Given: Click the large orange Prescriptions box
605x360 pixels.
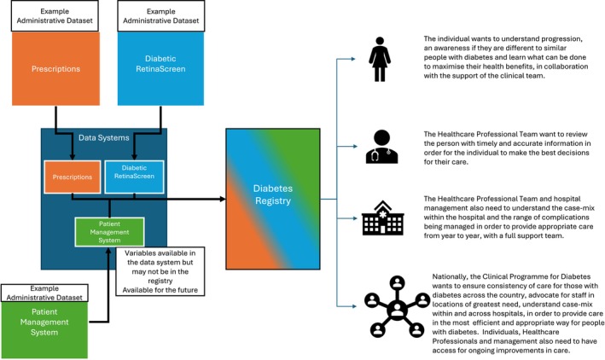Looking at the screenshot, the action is (x=55, y=69).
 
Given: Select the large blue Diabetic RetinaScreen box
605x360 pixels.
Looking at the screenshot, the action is (x=160, y=68).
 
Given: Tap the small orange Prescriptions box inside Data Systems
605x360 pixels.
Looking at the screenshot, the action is (x=73, y=177).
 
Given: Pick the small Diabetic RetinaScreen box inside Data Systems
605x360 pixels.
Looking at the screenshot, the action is (x=134, y=177).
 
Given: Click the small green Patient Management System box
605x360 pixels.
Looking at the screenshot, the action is (x=109, y=232).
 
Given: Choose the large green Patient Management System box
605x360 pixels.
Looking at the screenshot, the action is (x=44, y=330).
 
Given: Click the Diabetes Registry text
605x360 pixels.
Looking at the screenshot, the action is (x=273, y=195).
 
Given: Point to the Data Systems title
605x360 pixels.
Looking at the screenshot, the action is (x=104, y=137).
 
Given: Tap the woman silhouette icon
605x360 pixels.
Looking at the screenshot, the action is (x=380, y=59).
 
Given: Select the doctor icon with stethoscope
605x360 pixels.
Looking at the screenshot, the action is (x=381, y=147).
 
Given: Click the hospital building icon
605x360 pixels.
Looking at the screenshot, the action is (x=383, y=218).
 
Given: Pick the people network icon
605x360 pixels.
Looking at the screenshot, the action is (x=397, y=306).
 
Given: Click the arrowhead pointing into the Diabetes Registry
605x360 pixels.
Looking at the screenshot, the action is (x=223, y=199).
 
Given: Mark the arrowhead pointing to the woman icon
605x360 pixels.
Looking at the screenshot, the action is (x=353, y=59).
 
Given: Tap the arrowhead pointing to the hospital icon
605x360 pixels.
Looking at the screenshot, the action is (x=355, y=218).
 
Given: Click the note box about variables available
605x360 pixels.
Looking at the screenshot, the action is (x=160, y=271).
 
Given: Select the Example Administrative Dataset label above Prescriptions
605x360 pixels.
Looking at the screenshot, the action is (x=55, y=16).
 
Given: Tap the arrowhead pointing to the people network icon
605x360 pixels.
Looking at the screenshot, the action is (x=354, y=306).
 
